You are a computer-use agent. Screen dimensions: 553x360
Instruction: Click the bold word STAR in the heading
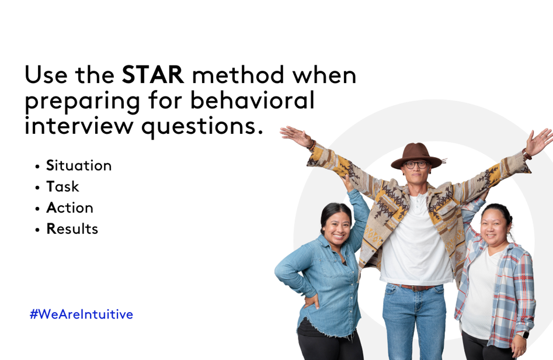[153, 74]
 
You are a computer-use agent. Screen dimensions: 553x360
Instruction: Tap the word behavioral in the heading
[252, 100]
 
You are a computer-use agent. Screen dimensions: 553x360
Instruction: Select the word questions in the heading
[203, 127]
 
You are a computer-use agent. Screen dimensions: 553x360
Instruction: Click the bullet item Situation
[79, 165]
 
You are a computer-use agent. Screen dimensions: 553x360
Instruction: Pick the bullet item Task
[62, 186]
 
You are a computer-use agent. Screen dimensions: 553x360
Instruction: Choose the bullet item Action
[69, 207]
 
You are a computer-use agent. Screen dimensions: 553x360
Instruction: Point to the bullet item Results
[72, 229]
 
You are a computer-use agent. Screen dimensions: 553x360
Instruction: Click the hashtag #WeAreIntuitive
[82, 314]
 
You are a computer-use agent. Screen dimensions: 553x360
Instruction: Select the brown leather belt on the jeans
[415, 288]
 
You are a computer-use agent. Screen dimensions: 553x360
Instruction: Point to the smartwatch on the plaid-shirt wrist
[525, 334]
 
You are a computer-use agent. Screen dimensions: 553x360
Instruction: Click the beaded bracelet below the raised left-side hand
[312, 144]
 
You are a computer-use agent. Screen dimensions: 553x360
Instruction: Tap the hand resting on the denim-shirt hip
[311, 301]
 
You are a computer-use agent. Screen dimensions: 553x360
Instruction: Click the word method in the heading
[238, 74]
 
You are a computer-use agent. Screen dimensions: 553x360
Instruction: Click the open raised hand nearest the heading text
[295, 136]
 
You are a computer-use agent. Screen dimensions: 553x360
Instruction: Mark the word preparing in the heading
[82, 102]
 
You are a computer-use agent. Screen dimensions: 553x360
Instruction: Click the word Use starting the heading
[46, 74]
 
